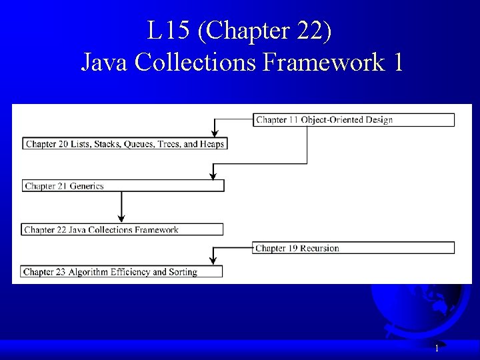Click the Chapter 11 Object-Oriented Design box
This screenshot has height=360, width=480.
pyautogui.click(x=354, y=120)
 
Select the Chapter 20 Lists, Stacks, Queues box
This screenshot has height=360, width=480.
pyautogui.click(x=125, y=143)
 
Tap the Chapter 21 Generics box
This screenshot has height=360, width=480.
pyautogui.click(x=123, y=186)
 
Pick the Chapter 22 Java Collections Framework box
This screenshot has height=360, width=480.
pyautogui.click(x=123, y=229)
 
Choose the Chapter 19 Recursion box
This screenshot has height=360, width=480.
pyautogui.click(x=354, y=248)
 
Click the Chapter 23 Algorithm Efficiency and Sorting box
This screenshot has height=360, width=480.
pyautogui.click(x=122, y=271)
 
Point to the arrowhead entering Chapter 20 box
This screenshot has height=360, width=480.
pyautogui.click(x=213, y=133)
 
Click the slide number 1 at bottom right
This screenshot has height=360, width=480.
pyautogui.click(x=437, y=348)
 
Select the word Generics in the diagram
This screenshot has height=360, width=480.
pyautogui.click(x=83, y=186)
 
